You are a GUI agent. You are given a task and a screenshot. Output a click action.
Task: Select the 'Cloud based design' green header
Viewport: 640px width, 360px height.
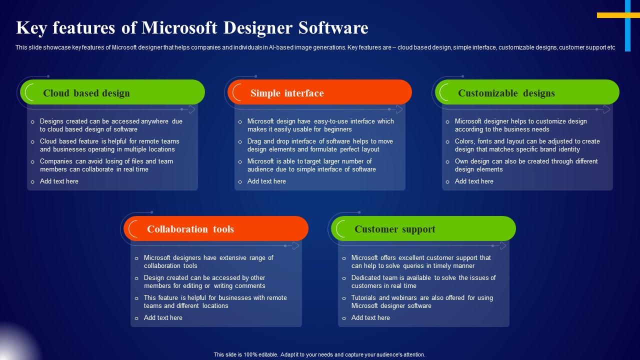coord(112,92)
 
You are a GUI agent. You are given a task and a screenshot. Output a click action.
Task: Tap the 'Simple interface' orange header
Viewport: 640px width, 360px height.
coord(319,92)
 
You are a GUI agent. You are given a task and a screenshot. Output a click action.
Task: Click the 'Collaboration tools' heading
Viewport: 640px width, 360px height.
coord(190,229)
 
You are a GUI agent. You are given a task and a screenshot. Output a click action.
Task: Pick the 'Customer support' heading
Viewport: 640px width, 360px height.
coord(395,229)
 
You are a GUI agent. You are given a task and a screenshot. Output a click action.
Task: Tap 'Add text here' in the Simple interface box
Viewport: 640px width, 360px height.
coord(266,181)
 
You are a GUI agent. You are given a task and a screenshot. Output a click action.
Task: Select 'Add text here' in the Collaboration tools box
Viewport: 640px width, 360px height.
coord(163,317)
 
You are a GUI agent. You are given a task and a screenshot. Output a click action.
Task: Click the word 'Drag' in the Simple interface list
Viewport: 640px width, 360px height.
coord(254,141)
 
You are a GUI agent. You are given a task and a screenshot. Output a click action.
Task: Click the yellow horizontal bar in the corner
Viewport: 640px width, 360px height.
coord(618,15)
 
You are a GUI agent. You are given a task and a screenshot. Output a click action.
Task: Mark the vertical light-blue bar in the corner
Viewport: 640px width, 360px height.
coord(627,25)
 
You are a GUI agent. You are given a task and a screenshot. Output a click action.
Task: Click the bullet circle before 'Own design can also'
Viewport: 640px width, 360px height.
coord(447,162)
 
